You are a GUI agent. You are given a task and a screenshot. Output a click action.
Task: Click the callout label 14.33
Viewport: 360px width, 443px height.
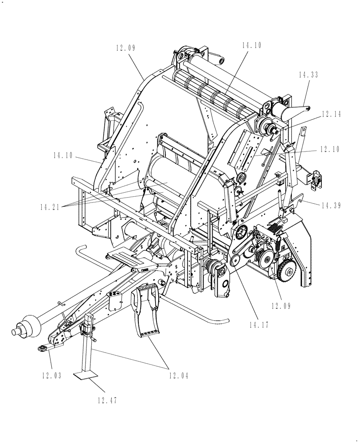[x=308, y=76]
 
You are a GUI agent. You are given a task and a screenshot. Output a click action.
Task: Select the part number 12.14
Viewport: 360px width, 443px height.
[x=331, y=114]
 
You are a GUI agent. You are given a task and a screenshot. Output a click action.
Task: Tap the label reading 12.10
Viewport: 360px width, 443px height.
[x=329, y=149]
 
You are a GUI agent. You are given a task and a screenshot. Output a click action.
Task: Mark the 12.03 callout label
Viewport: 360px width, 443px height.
[x=51, y=376]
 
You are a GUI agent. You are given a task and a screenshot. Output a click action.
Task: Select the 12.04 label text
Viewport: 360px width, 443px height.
[x=178, y=376]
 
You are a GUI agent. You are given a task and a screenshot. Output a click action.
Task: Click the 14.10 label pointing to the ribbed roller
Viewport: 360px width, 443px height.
[x=252, y=45]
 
